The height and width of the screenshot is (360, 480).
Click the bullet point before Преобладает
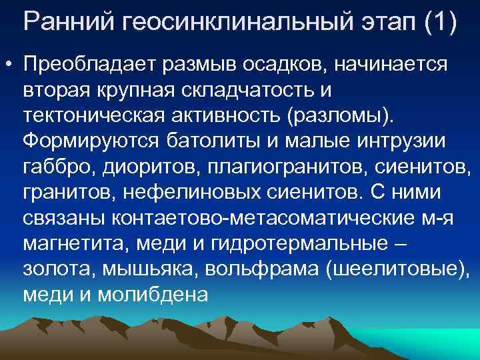9,65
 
